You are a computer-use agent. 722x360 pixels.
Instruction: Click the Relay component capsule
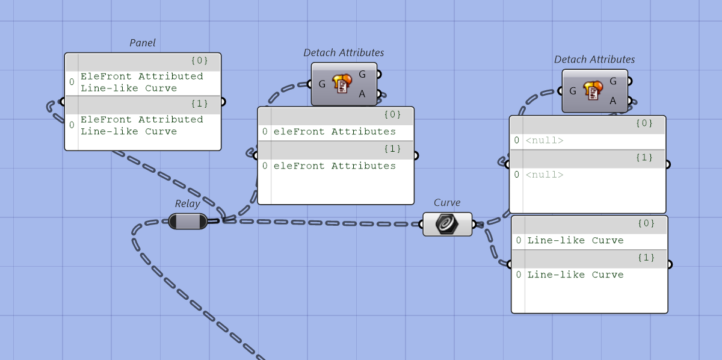[x=188, y=222]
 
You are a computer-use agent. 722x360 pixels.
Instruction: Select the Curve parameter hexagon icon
[x=447, y=224]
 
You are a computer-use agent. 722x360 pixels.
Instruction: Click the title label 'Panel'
[x=143, y=43]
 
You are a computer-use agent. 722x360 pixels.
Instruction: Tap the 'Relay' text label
[x=187, y=203]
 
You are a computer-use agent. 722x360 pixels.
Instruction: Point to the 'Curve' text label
[x=447, y=202]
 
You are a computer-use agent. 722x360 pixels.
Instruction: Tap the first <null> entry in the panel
[x=545, y=140]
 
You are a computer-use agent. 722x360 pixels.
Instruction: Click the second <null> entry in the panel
[x=545, y=175]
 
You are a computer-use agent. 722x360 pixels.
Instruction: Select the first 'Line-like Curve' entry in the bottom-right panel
[x=575, y=240]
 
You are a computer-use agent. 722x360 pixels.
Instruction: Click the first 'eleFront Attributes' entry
[x=335, y=131]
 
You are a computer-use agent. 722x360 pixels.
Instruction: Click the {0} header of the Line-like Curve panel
[x=645, y=223]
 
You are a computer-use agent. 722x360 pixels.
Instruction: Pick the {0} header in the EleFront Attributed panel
[x=199, y=60]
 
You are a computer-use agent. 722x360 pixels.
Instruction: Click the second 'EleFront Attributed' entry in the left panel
[x=142, y=125]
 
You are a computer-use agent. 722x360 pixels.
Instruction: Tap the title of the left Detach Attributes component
[x=344, y=52]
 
